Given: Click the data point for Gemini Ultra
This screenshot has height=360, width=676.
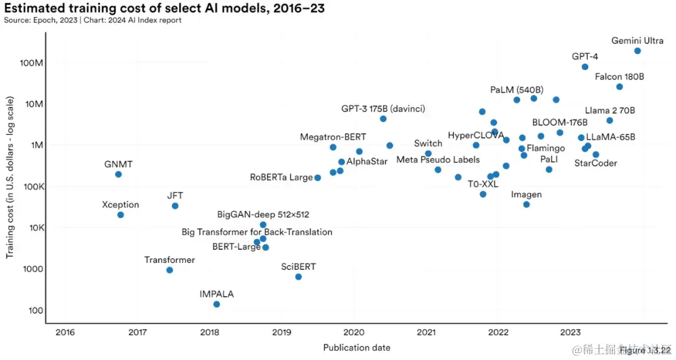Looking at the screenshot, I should (637, 51).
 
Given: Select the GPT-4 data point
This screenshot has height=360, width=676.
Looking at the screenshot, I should (585, 67).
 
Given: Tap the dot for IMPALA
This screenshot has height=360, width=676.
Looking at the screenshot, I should (217, 304).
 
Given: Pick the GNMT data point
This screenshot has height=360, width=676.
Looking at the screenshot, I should (118, 174).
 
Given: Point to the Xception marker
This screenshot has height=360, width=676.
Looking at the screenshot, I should (121, 215).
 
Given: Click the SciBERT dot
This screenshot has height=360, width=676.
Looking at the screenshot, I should (299, 277).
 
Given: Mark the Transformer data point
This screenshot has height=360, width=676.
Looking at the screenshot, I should (170, 270).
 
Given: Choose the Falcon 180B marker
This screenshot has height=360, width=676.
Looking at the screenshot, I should (620, 86).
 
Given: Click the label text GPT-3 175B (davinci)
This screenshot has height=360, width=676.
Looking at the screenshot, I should (383, 109).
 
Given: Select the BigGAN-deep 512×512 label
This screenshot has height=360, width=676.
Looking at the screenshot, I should (263, 215).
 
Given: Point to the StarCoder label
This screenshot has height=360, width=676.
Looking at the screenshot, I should (595, 163).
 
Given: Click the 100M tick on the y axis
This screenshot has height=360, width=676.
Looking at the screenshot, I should (31, 63).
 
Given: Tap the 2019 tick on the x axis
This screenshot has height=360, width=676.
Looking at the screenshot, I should (282, 332).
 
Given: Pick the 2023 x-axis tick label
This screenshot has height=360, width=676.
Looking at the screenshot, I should (570, 332).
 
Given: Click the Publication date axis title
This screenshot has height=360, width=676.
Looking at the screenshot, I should (357, 347).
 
